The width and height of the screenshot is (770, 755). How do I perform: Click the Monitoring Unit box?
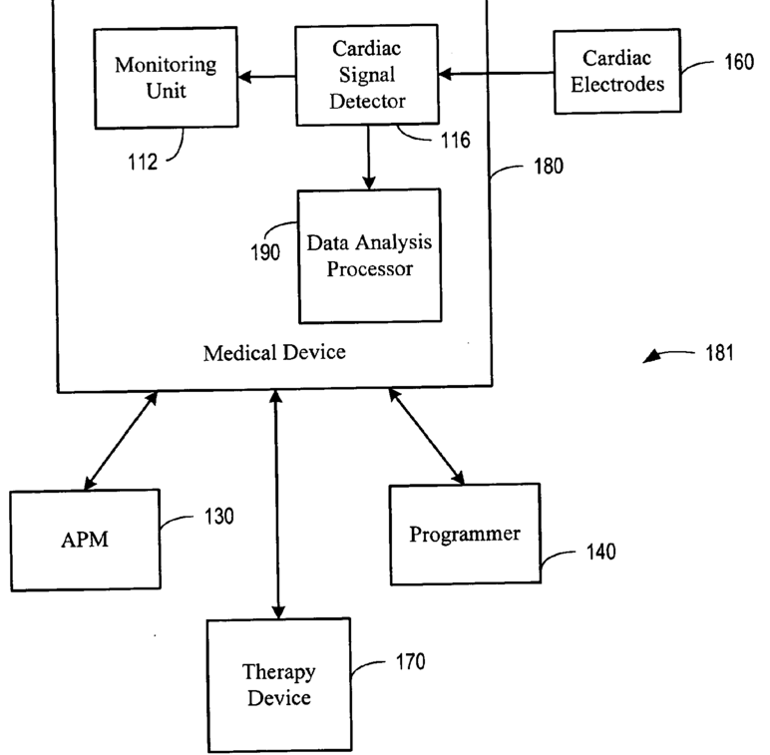(165, 77)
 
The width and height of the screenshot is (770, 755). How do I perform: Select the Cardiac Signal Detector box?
(368, 75)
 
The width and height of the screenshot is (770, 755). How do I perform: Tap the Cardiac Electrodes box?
(617, 73)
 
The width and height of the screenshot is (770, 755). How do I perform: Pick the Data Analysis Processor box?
(369, 255)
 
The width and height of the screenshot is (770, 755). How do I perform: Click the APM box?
(84, 540)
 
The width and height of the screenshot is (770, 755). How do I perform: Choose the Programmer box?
(464, 534)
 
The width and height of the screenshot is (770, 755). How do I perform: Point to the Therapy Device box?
(277, 684)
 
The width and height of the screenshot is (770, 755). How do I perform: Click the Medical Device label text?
(274, 353)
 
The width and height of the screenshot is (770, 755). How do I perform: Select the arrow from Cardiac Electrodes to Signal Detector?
(496, 73)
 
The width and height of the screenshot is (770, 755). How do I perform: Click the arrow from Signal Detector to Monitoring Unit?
(268, 76)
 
